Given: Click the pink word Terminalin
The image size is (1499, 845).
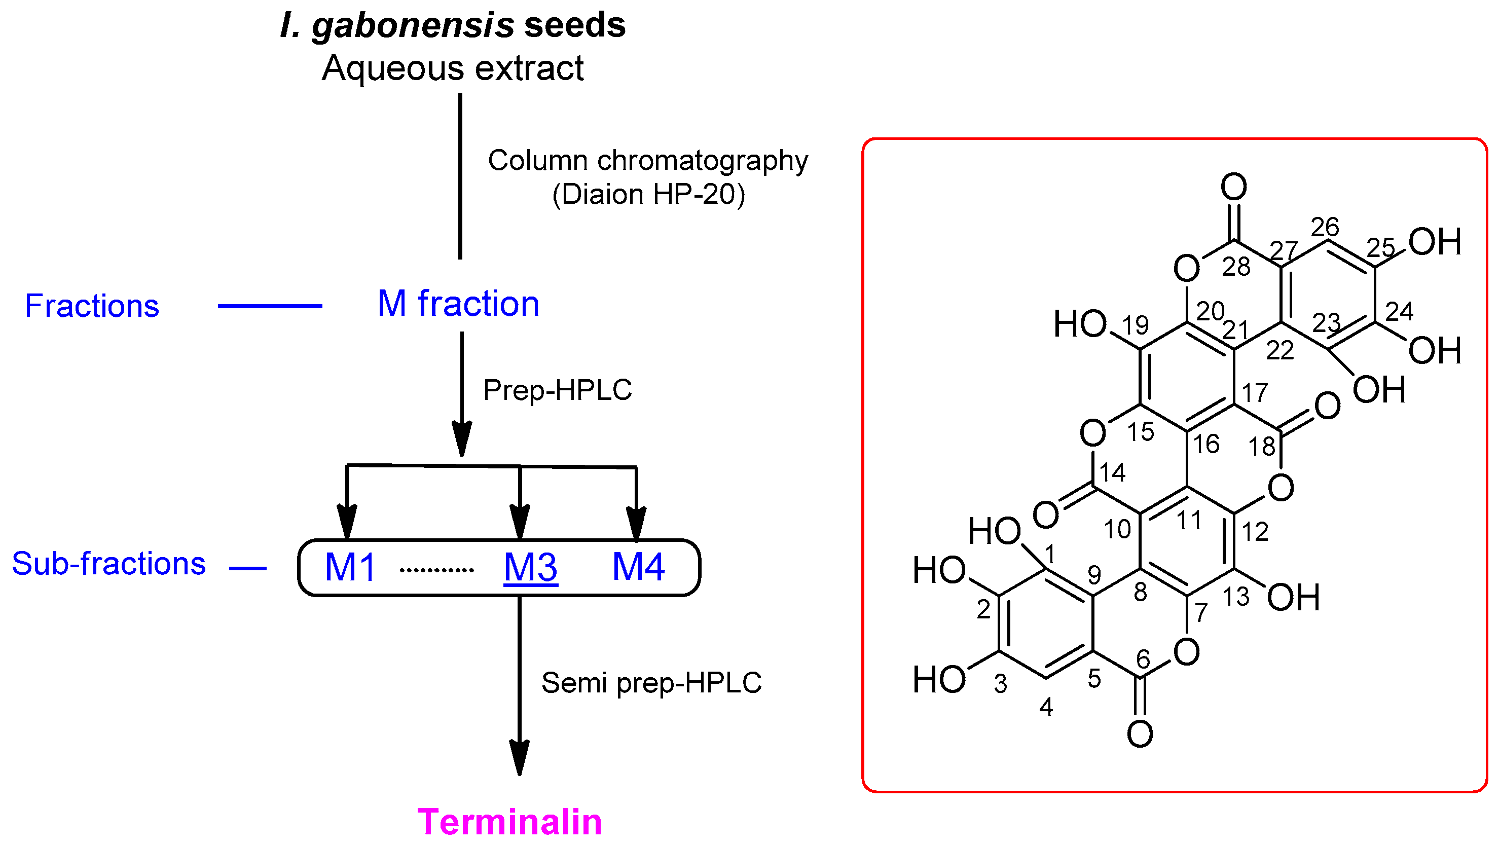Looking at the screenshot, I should (x=510, y=822).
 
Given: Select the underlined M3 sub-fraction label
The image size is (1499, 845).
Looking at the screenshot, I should (x=530, y=567).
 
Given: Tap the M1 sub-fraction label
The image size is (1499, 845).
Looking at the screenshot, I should (x=350, y=567).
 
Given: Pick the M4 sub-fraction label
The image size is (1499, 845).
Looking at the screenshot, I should (x=638, y=567).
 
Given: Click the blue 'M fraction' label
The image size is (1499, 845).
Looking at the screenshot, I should (x=459, y=304).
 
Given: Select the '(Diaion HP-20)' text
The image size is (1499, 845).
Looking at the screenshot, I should (x=648, y=194).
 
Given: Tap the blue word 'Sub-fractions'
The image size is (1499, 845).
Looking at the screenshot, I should (x=109, y=563).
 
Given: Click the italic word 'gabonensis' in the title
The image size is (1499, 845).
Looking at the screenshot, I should (x=413, y=26).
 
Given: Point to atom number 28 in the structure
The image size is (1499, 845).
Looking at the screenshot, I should (x=1236, y=267).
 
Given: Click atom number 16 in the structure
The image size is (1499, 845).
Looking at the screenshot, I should (x=1206, y=445).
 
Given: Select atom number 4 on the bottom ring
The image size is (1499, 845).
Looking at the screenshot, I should (x=1046, y=708).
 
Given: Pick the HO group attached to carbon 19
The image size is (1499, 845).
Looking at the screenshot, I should (x=1080, y=324).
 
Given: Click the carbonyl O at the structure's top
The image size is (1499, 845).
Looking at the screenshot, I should (x=1234, y=188).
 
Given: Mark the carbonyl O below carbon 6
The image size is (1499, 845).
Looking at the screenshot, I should (x=1140, y=734).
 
